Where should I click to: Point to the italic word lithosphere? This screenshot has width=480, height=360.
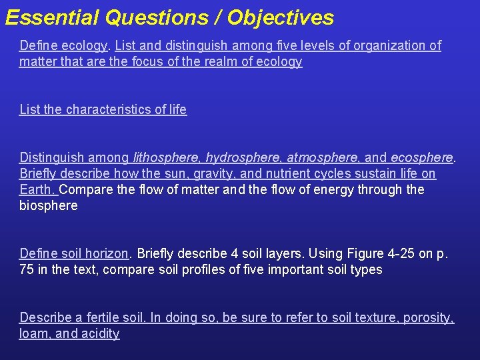166,157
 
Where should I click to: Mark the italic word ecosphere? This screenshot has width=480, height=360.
421,157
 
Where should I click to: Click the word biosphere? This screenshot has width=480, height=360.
48,205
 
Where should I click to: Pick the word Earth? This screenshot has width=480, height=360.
37,189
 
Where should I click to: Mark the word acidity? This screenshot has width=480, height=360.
99,333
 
